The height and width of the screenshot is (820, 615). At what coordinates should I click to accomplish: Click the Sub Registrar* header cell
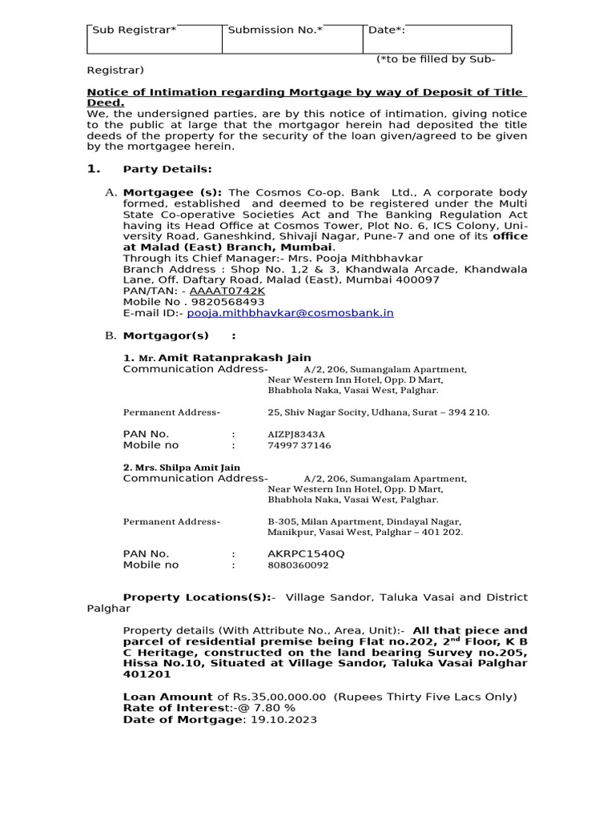[x=154, y=38]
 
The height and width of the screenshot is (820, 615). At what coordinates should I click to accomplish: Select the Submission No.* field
[x=293, y=38]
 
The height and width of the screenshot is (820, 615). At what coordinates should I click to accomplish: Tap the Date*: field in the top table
[x=437, y=38]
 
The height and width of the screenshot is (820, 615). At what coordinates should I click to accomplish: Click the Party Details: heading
[x=167, y=169]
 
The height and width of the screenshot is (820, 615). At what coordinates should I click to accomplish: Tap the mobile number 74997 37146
[x=299, y=445]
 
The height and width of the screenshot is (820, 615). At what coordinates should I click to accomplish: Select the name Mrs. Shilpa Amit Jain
[x=181, y=467]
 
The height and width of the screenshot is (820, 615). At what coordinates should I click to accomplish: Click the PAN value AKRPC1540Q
[x=307, y=553]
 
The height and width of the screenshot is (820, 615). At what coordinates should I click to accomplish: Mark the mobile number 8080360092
[x=298, y=565]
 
